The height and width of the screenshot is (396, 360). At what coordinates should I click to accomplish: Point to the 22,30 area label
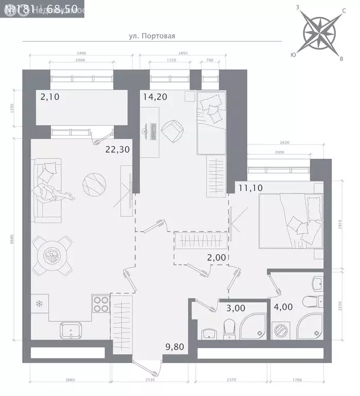click(x=117, y=150)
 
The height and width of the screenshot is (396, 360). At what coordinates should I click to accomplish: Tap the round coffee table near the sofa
click(x=94, y=184)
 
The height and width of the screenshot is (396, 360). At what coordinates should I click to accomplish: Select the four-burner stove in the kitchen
click(x=100, y=304)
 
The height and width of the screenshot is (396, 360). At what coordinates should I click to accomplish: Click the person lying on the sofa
click(x=52, y=193)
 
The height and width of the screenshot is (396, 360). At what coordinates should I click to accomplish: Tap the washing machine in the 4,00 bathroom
click(x=282, y=329)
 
